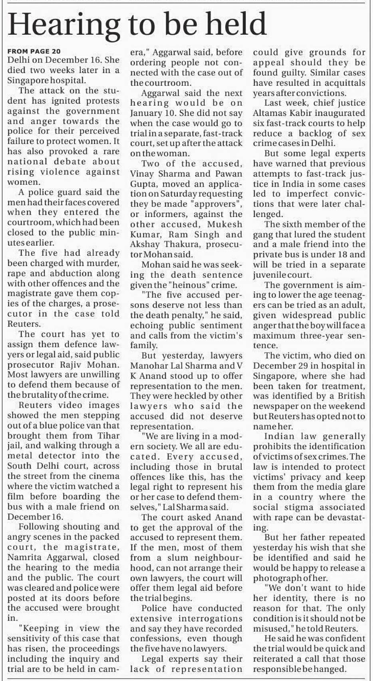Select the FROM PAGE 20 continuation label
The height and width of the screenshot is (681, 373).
(x=34, y=51)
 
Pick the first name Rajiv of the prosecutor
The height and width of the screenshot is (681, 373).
(x=72, y=365)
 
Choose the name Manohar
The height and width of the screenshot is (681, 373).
(x=148, y=366)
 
